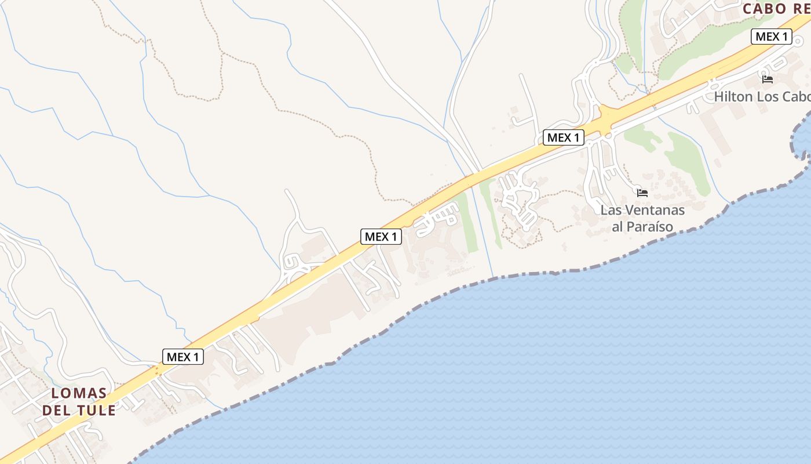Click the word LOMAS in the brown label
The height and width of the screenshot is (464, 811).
pyautogui.click(x=79, y=393)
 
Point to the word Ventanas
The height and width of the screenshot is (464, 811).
pyautogui.click(x=655, y=210)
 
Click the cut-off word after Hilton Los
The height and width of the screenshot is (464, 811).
pyautogui.click(x=797, y=96)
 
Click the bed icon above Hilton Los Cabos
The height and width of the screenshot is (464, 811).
pyautogui.click(x=768, y=79)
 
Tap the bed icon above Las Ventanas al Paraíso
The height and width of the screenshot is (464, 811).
pyautogui.click(x=642, y=193)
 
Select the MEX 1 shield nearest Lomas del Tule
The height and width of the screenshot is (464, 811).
pyautogui.click(x=183, y=357)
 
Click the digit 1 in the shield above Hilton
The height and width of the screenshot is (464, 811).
pyautogui.click(x=784, y=37)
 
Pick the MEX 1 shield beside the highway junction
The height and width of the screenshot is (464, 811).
pyautogui.click(x=564, y=137)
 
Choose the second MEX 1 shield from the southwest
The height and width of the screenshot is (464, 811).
pyautogui.click(x=381, y=237)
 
